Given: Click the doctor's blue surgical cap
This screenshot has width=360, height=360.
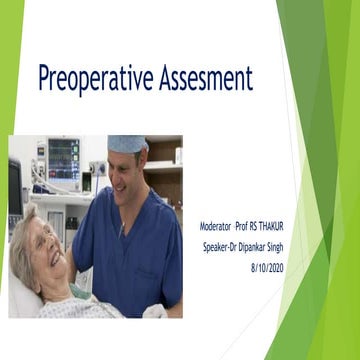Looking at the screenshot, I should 127,144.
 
